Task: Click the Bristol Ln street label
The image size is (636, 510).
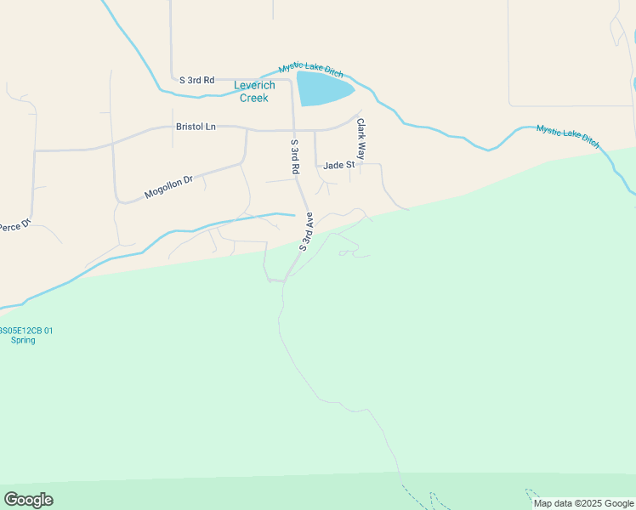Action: click(196, 127)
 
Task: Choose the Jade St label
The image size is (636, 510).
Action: click(338, 165)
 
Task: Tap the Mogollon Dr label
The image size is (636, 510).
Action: click(168, 187)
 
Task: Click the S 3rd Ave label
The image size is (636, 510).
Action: click(307, 231)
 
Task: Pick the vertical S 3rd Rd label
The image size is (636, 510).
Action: click(295, 157)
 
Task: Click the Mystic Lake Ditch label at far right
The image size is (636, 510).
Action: click(567, 136)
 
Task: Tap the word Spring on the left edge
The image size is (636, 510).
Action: click(23, 340)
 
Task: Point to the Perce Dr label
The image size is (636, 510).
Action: click(14, 226)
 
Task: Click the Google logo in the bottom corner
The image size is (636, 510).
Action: click(28, 500)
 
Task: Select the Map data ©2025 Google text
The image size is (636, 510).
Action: click(582, 503)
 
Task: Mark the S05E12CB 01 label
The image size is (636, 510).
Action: click(26, 331)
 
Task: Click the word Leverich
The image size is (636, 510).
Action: click(254, 86)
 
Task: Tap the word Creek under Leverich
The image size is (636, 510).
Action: click(253, 98)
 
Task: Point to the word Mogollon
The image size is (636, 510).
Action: click(162, 190)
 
